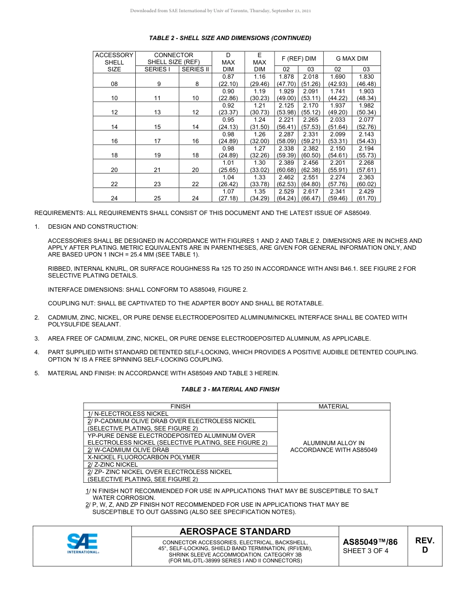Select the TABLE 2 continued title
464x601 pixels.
[230, 38]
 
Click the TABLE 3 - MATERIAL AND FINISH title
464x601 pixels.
[230, 389]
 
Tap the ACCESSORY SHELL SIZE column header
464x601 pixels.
[114, 62]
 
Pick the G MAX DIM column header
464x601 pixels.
[352, 59]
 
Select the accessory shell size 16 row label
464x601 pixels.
[114, 141]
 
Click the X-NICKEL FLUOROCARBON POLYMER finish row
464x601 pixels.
[144, 457]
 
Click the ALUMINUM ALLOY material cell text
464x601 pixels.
[334, 447]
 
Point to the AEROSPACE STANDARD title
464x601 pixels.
[235, 532]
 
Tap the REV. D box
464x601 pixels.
[424, 545]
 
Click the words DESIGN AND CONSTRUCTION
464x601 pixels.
[93, 227]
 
